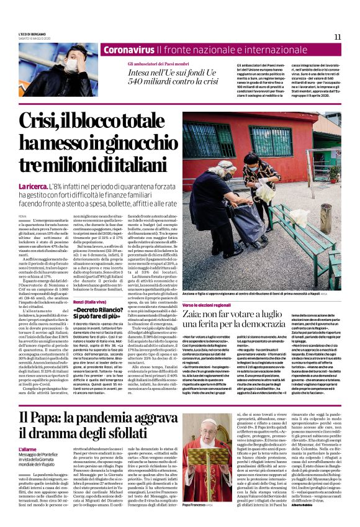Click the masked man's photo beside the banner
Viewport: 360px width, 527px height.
[70, 65]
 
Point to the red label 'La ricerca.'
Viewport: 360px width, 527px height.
[33, 186]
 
